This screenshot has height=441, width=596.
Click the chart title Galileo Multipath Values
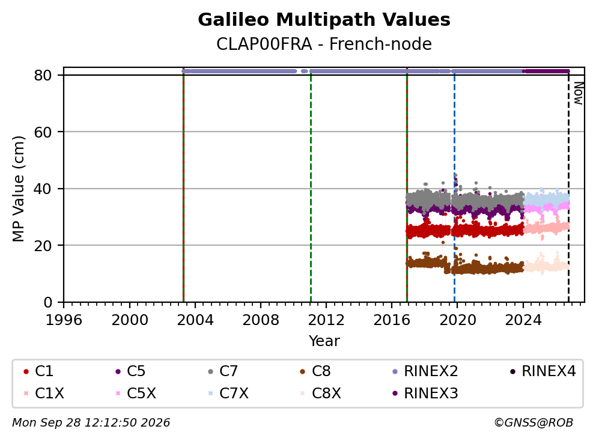(x=324, y=20)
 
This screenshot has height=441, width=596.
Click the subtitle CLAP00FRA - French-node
(x=324, y=44)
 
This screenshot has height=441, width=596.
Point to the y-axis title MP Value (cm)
(x=18, y=189)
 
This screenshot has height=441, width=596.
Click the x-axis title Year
(x=324, y=341)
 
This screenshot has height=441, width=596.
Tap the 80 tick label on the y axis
(x=43, y=75)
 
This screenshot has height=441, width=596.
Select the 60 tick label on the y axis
(x=43, y=132)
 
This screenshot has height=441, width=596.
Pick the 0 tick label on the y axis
(x=47, y=302)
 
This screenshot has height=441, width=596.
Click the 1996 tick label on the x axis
(x=64, y=320)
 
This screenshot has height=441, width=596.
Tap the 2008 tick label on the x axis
(x=261, y=320)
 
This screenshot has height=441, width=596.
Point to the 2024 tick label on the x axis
(x=523, y=320)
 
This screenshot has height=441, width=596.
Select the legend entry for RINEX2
(x=425, y=371)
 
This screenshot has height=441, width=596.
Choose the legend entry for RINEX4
(x=543, y=371)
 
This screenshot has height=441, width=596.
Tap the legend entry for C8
(x=315, y=371)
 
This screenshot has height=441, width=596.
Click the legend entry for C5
(x=130, y=371)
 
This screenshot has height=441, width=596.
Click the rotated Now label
(x=579, y=94)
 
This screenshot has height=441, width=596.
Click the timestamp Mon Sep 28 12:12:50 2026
(x=91, y=422)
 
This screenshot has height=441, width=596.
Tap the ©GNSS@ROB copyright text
(x=534, y=422)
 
